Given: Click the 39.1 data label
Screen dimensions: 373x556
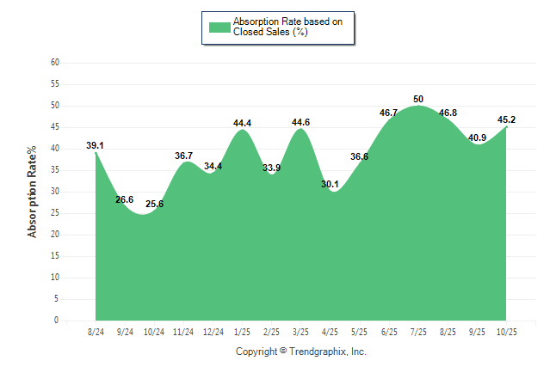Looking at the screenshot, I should coord(95,146).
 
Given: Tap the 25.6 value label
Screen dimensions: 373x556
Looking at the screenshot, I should coord(154,204).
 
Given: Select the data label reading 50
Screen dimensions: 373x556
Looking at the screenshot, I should coord(418,100).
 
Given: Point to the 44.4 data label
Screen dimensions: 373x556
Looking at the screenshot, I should coord(243,124).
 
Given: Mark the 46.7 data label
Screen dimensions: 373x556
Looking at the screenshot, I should coord(389,113).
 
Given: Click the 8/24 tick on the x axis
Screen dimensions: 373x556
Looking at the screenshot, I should coord(96,332).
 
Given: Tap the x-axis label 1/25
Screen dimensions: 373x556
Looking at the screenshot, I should coord(243,332).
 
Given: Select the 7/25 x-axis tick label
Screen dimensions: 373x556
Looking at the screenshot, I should coord(418,332).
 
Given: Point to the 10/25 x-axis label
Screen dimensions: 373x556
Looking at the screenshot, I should coord(506,332).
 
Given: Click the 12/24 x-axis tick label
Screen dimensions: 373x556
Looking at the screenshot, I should coord(213,332).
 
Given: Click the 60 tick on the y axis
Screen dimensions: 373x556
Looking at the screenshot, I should coord(55,63).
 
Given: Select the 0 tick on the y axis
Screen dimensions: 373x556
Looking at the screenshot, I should coord(57,321).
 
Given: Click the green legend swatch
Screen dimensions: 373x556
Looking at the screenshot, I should coord(219,28).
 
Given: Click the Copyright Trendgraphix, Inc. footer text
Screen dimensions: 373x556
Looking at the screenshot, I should coord(301,352).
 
